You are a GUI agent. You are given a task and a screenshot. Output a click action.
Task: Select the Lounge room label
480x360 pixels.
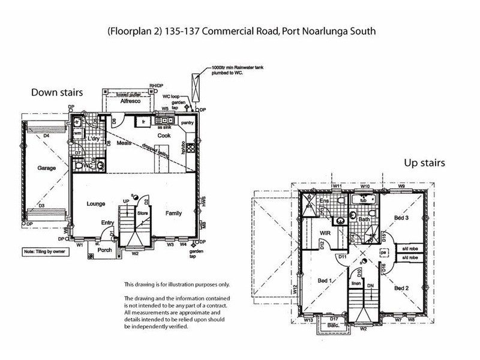coord(95,203)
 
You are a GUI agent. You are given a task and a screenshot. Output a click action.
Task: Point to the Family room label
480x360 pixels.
coord(175,212)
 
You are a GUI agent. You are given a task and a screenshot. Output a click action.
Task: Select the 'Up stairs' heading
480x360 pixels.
coord(423,163)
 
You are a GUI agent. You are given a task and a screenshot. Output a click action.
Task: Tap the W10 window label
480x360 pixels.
coord(364,187)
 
